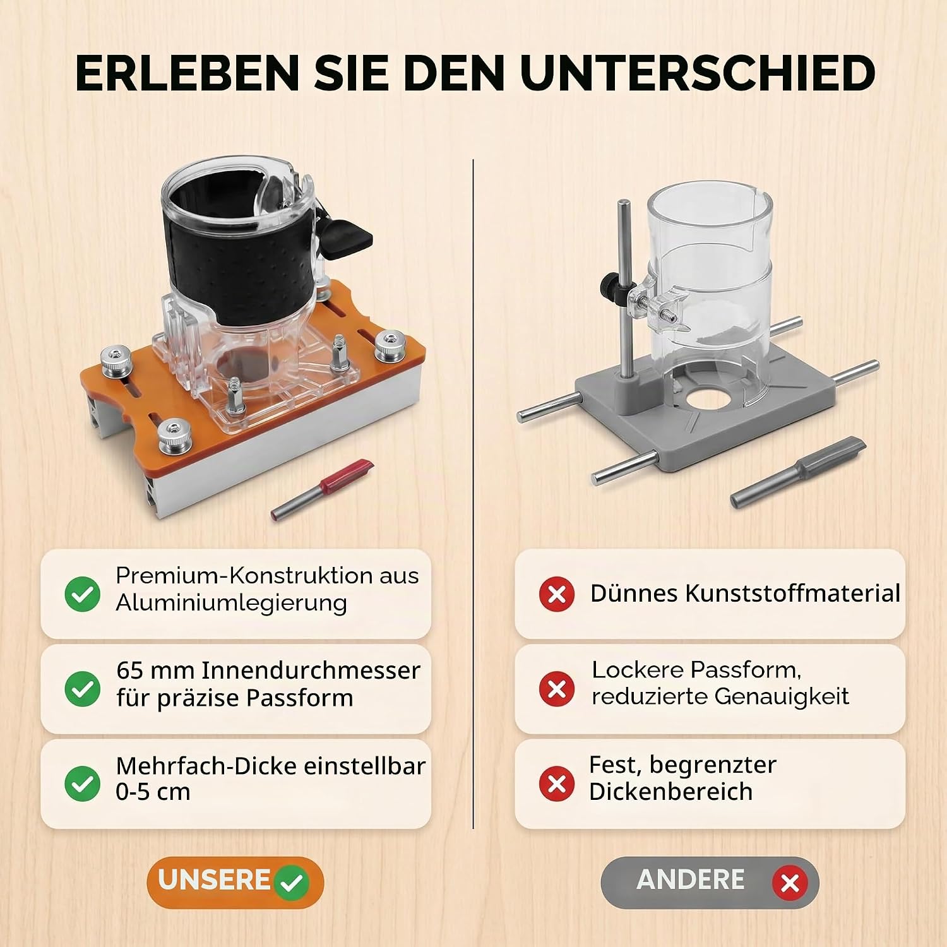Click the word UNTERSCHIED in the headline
[x=698, y=73]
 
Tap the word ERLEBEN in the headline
[x=188, y=73]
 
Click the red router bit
[x=323, y=489]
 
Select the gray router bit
[x=798, y=472]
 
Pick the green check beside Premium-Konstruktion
[x=83, y=593]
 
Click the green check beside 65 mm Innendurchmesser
[x=83, y=688]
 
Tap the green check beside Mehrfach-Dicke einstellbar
[x=83, y=783]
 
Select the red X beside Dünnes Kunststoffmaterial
[x=557, y=593]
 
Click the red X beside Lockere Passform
[x=557, y=688]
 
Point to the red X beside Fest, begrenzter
[x=557, y=783]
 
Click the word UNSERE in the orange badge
[x=215, y=879]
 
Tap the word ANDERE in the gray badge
[x=691, y=879]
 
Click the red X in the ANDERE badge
[x=790, y=883]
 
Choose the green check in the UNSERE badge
[x=291, y=883]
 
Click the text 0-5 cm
[x=153, y=792]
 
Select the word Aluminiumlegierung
[x=231, y=604]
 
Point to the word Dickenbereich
[x=670, y=792]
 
